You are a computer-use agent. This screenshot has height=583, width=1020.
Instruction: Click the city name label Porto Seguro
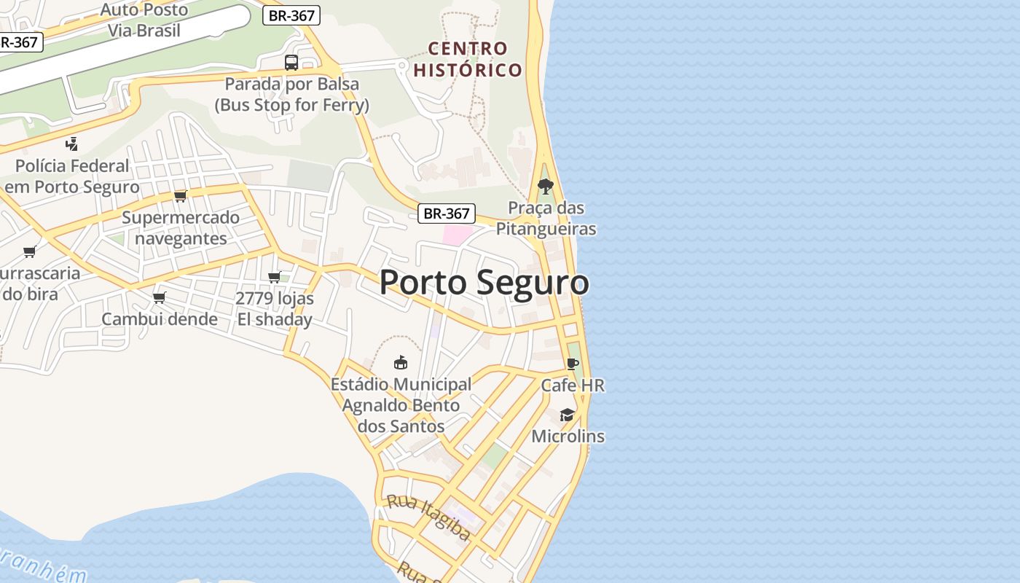484,283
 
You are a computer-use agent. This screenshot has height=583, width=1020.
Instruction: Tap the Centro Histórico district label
468,60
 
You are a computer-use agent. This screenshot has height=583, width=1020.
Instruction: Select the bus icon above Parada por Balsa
291,63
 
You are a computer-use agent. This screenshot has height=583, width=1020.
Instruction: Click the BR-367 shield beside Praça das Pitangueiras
447,214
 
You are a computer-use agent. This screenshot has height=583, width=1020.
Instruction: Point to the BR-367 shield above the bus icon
291,16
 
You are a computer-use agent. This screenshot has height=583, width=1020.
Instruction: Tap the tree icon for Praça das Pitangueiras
545,186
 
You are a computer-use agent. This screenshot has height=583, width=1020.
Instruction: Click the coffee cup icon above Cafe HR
573,364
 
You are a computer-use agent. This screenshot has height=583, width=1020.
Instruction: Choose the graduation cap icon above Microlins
567,415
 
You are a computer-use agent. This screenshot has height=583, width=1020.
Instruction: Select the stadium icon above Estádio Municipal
400,362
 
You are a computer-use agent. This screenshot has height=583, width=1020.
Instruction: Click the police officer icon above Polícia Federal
71,144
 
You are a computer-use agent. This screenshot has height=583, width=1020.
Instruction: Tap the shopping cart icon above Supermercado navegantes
181,196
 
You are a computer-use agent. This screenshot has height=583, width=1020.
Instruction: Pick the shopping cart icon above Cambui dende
160,297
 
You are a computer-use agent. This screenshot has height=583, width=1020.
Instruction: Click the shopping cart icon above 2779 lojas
275,277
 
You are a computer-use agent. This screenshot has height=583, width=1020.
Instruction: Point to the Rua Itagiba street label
428,517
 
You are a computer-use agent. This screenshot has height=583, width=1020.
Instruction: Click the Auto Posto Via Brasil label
144,20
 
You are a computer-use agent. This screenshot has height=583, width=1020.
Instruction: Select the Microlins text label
568,437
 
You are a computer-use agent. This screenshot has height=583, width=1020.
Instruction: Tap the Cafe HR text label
573,385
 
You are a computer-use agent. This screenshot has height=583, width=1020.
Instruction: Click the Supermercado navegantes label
181,228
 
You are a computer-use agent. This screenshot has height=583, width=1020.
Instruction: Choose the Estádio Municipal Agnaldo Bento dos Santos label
401,405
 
